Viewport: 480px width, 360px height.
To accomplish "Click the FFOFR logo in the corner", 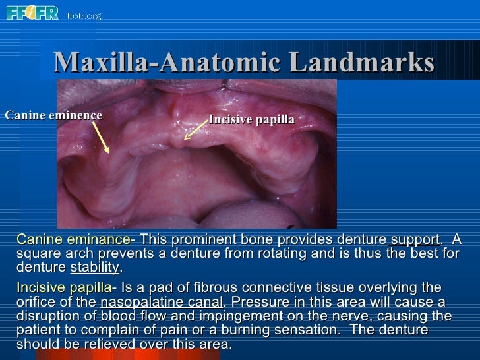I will point(32,13).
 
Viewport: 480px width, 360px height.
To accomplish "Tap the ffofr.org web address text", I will point(84,15).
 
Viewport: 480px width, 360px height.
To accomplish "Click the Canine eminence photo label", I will point(53,115).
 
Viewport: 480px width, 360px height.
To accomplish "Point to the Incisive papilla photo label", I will point(251,119).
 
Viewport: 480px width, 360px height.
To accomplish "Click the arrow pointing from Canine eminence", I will point(100,138).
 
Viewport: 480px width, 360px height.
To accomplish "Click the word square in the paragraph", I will point(34,254).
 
